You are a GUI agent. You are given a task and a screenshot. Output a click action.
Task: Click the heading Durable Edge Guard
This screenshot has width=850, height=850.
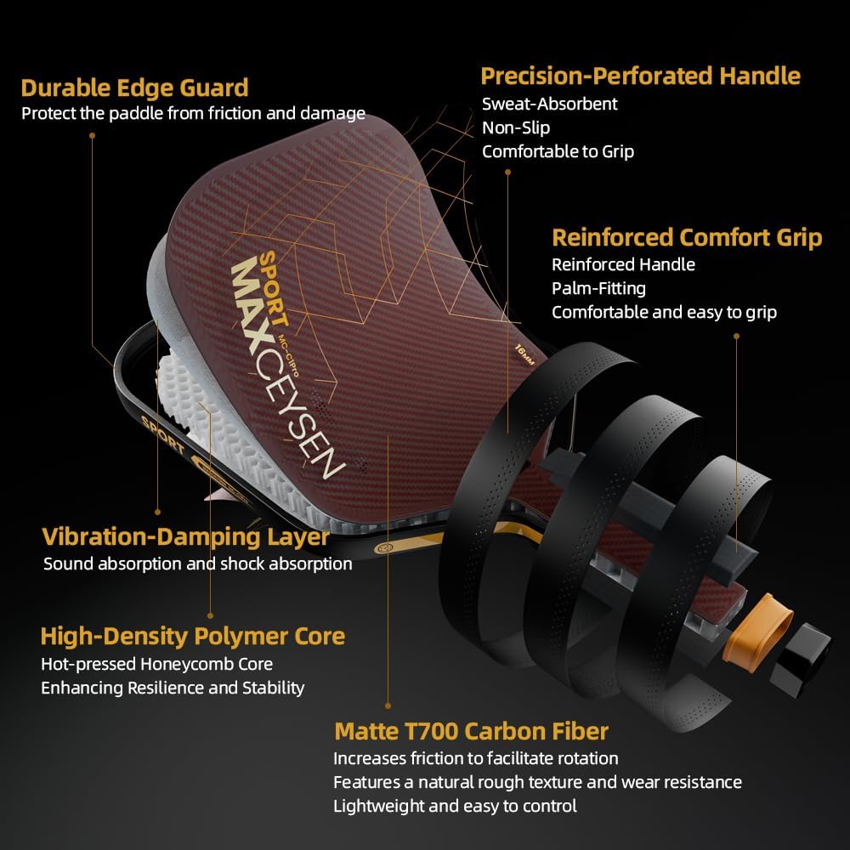(134, 88)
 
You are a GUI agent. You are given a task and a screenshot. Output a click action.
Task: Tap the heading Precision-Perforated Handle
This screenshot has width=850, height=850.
(640, 76)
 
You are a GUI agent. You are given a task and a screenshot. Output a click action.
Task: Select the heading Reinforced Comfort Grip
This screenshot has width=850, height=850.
(687, 237)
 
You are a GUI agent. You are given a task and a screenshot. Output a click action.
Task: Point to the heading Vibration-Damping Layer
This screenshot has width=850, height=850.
(185, 536)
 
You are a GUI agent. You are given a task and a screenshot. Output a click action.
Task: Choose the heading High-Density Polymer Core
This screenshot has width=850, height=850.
(192, 636)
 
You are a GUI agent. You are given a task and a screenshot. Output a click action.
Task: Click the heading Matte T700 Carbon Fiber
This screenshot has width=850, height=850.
(471, 731)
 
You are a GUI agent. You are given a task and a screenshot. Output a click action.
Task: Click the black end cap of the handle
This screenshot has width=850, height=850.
(800, 660)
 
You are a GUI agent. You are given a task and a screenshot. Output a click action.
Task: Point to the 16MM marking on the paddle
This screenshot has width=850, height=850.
(524, 354)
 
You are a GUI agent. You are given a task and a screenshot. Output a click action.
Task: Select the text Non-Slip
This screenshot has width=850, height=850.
(516, 128)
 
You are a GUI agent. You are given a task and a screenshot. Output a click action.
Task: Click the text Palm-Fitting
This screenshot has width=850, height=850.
(598, 288)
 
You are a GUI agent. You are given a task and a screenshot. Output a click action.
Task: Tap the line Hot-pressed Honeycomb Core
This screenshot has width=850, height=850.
(156, 664)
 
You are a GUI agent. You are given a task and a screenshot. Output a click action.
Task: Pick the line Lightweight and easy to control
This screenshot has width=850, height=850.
(455, 806)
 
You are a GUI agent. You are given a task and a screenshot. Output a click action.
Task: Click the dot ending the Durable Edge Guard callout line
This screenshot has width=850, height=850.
(92, 135)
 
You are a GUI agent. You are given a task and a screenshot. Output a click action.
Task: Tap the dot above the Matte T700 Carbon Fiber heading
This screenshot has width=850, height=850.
(388, 705)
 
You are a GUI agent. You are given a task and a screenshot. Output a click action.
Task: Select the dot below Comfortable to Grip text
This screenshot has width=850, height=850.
(507, 173)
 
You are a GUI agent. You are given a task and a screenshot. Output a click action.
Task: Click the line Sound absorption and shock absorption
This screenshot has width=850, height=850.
(198, 564)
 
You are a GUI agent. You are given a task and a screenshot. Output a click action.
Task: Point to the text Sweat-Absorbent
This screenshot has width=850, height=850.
(550, 104)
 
